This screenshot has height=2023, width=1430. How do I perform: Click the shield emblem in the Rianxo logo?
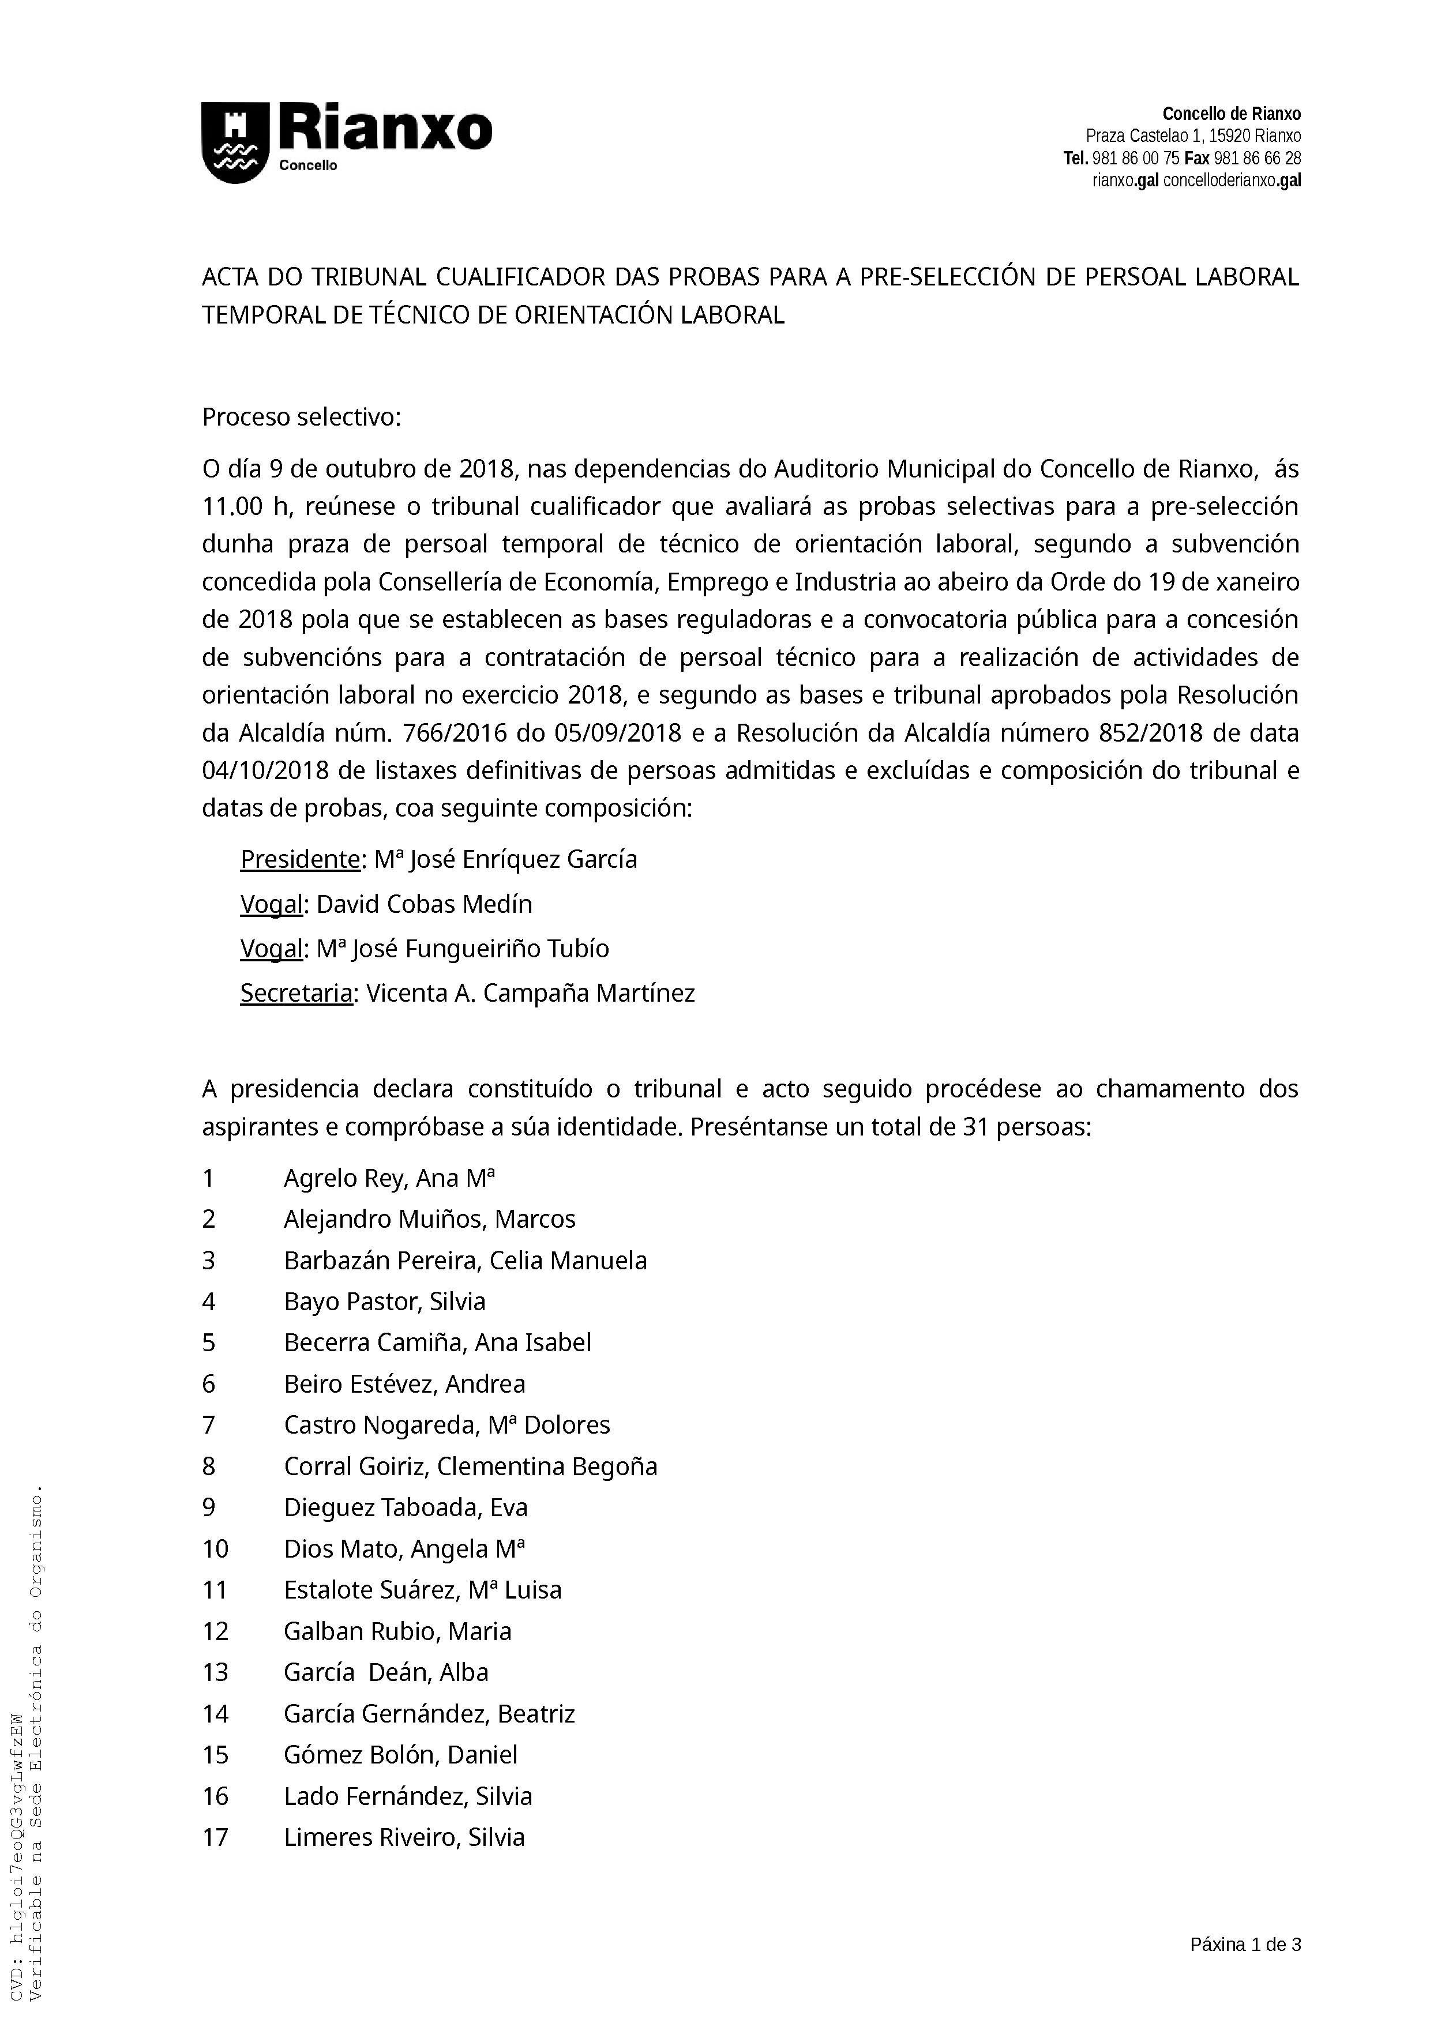pyautogui.click(x=234, y=143)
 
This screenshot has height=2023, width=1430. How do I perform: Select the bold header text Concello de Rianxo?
pyautogui.click(x=1231, y=114)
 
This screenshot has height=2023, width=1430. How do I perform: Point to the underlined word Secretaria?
pyautogui.click(x=296, y=993)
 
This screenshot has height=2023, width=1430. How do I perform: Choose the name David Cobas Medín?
pyautogui.click(x=424, y=904)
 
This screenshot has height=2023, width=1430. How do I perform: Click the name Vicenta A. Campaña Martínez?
pyautogui.click(x=531, y=993)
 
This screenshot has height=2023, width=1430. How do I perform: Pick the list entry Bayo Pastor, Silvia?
pyautogui.click(x=384, y=1302)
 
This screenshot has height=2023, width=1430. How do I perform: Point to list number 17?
pyautogui.click(x=215, y=1837)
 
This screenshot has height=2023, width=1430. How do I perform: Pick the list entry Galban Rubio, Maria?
pyautogui.click(x=397, y=1631)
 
